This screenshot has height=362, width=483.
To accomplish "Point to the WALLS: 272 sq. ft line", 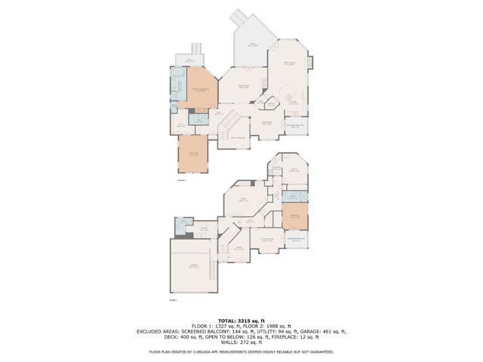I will pyautogui.click(x=241, y=343).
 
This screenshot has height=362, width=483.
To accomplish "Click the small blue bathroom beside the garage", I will pyautogui.click(x=181, y=225).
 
